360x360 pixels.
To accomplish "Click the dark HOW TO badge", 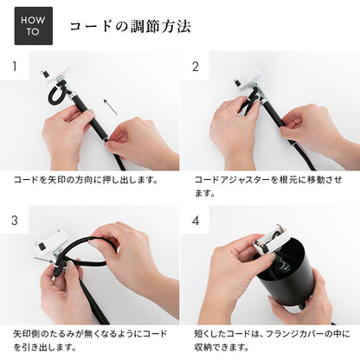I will (33, 26).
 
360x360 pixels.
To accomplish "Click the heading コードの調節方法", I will (130, 27).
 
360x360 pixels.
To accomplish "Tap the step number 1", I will (15, 66).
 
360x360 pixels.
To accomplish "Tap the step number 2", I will (195, 66).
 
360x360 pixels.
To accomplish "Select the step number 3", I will (15, 220).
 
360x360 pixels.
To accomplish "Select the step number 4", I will (195, 220).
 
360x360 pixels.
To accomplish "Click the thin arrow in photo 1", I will (110, 106).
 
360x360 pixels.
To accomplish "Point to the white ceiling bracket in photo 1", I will (55, 75).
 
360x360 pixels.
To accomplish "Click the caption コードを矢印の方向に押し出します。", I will (85, 179).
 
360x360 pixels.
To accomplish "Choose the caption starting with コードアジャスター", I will (268, 185).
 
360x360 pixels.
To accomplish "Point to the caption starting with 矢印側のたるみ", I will (91, 339).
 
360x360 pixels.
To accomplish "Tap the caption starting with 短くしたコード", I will (268, 339).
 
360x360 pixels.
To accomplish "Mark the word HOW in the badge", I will (33, 21).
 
